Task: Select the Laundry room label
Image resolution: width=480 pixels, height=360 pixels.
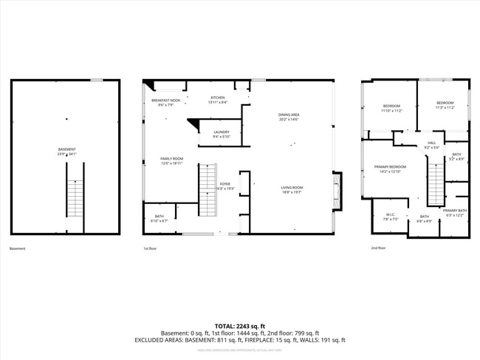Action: pos(222,134)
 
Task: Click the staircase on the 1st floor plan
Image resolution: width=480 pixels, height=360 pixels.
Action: pos(208,190)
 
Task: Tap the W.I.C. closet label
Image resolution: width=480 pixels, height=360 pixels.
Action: pos(391,217)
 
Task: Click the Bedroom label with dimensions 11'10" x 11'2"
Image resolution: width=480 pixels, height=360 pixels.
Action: pos(391,108)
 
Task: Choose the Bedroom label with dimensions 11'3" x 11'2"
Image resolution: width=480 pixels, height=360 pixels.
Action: pos(445,105)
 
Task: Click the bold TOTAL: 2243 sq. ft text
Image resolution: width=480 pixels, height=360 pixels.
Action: pos(239,326)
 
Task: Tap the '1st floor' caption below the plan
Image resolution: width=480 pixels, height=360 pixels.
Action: pos(150,248)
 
